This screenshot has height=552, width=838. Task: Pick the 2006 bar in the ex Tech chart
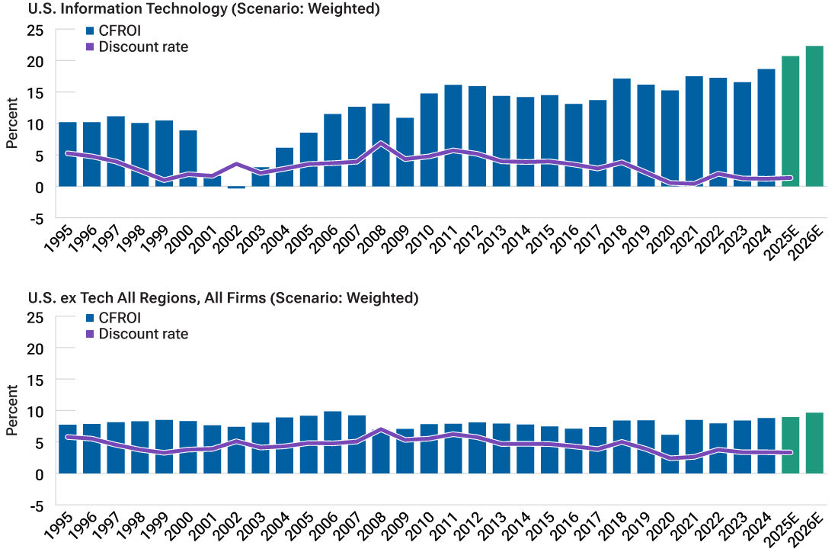[x=332, y=442]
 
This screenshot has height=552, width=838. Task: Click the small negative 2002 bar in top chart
[x=236, y=188]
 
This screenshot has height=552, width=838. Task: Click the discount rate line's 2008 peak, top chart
[x=381, y=143]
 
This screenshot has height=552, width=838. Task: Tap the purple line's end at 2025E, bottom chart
[x=790, y=453]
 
